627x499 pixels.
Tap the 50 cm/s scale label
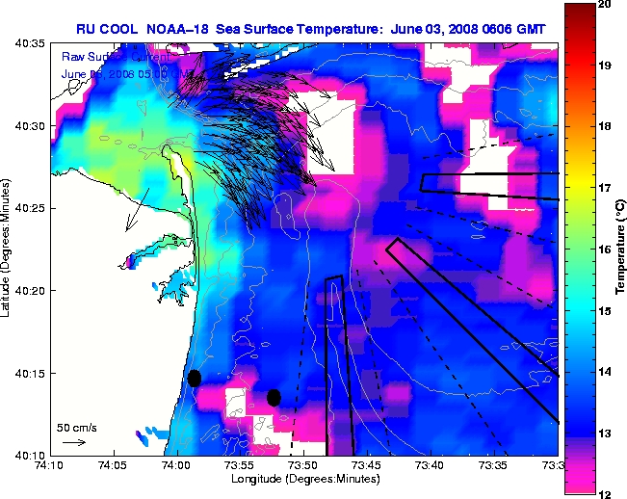pyautogui.click(x=76, y=428)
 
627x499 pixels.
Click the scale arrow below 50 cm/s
pyautogui.click(x=74, y=442)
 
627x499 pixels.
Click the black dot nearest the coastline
pyautogui.click(x=195, y=378)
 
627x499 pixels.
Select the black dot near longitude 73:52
pyautogui.click(x=274, y=397)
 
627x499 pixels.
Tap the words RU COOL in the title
pyautogui.click(x=105, y=30)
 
